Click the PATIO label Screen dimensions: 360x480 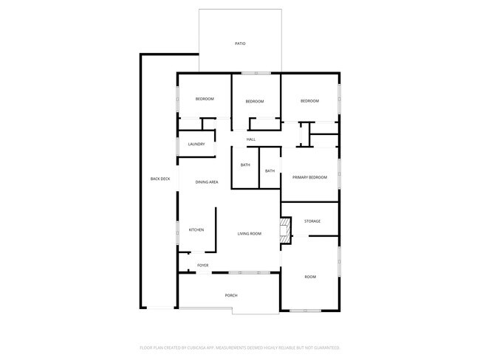pos(240,44)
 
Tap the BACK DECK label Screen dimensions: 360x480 pos(160,179)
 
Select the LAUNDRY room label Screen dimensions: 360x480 pos(196,144)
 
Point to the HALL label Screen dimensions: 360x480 pos(251,139)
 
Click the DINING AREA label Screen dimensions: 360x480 pos(207,181)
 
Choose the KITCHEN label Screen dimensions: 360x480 pos(196,230)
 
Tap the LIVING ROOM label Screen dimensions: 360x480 pos(250,234)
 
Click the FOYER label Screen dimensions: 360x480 pos(202,265)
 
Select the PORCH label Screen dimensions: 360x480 pos(231,295)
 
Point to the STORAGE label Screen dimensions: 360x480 pos(312,221)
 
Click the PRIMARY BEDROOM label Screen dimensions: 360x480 pos(309,177)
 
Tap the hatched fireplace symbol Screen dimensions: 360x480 pos(284,231)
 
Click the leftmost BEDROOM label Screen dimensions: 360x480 pos(205,99)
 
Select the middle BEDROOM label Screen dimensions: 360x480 pos(255,101)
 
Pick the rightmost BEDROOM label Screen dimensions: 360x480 pos(309,101)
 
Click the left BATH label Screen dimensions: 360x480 pos(245,165)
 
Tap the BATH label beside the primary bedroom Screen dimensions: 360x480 pos(270,171)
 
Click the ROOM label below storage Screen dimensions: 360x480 pos(310,277)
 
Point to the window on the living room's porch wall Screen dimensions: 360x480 pos(243,272)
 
